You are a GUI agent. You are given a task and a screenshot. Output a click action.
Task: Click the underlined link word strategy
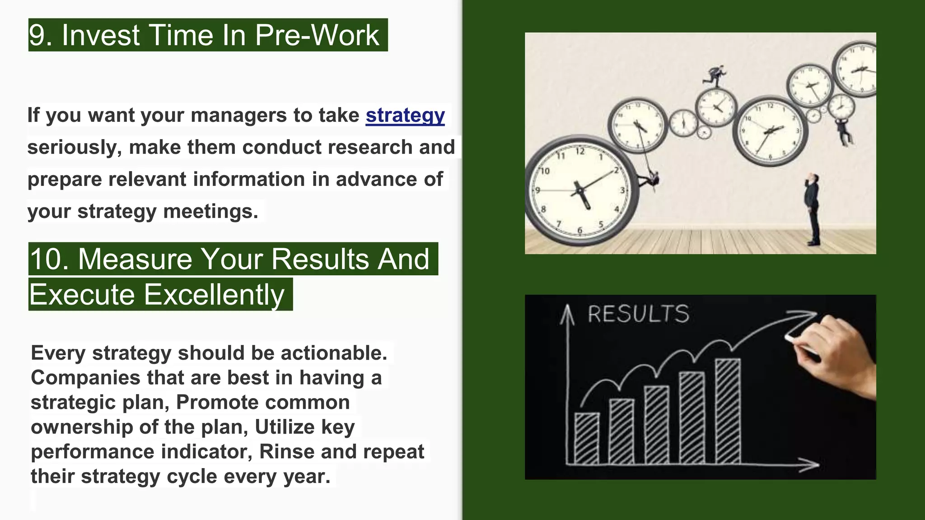(405, 116)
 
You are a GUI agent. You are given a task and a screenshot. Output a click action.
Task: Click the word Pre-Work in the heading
(317, 35)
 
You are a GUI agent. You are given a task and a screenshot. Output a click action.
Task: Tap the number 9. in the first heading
(41, 35)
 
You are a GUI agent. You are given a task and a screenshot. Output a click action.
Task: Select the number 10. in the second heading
(50, 259)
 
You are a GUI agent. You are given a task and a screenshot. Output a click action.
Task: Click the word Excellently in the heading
(214, 295)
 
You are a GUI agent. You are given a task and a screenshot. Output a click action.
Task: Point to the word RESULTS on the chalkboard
(638, 314)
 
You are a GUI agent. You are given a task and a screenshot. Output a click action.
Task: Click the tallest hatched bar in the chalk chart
(728, 411)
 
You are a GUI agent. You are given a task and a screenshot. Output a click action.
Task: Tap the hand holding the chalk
(836, 352)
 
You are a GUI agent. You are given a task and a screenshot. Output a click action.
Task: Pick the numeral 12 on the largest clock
(580, 151)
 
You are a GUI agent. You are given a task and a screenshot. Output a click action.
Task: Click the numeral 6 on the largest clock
(580, 231)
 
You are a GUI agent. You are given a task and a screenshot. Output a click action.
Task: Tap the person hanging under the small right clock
(843, 131)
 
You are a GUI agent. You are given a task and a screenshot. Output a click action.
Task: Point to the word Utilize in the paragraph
(285, 427)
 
